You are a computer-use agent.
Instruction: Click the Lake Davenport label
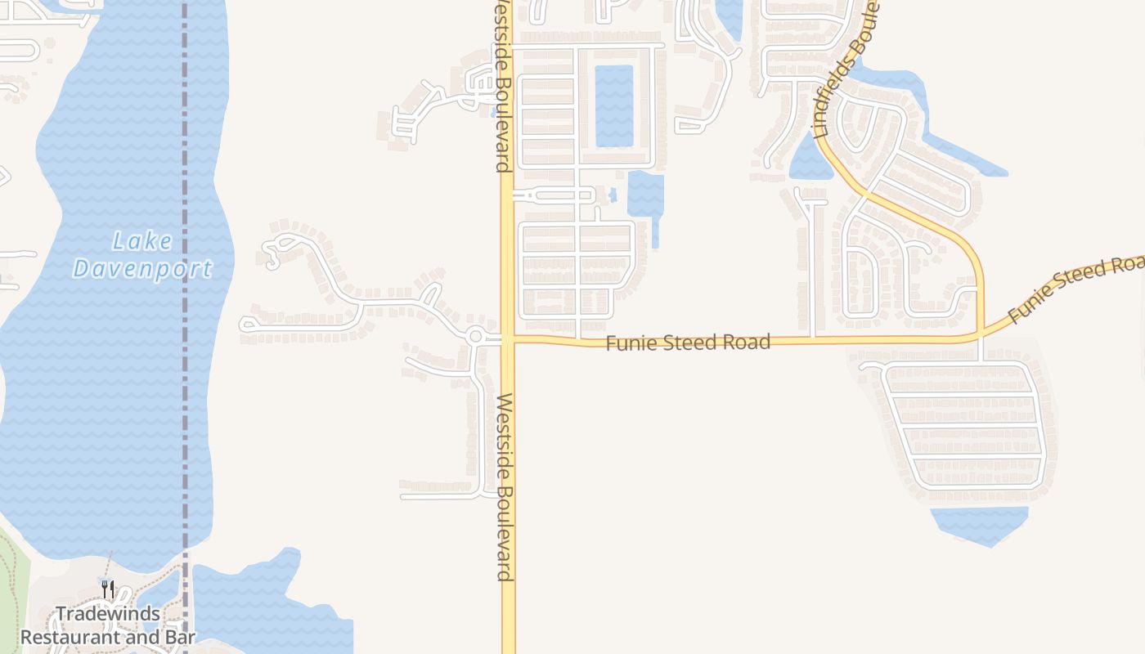pos(142,255)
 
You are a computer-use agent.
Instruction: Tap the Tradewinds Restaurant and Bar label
pos(108,625)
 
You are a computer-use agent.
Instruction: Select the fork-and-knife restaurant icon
pos(107,588)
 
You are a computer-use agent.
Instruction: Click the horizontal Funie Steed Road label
pos(688,342)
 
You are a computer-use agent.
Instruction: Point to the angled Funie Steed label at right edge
pos(1075,290)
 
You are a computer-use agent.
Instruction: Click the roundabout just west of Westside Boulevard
pos(476,335)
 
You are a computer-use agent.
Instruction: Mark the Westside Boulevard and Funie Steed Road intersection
pos(508,338)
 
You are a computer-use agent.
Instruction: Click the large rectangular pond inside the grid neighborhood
pos(613,105)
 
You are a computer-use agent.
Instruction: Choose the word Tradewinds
pos(108,614)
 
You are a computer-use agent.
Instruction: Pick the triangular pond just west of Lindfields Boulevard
pos(810,159)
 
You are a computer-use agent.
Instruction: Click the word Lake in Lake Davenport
pos(142,242)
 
